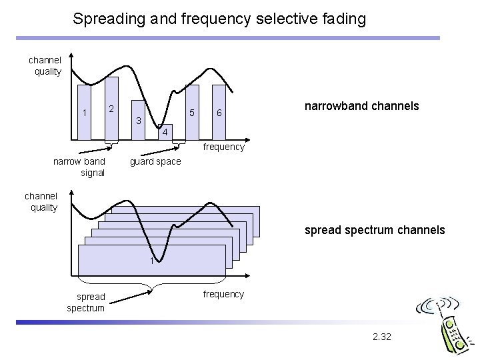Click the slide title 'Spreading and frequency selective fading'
click(219, 19)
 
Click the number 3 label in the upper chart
click(138, 121)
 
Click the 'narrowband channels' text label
click(361, 106)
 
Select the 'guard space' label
click(155, 162)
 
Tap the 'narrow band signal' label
click(79, 167)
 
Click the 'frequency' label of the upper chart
click(223, 147)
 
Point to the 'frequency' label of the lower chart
click(223, 294)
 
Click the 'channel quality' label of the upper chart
click(45, 66)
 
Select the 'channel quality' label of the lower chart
click(41, 201)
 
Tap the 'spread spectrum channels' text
click(374, 230)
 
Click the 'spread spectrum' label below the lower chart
click(85, 302)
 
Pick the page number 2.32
click(382, 337)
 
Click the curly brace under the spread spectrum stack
click(155, 287)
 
